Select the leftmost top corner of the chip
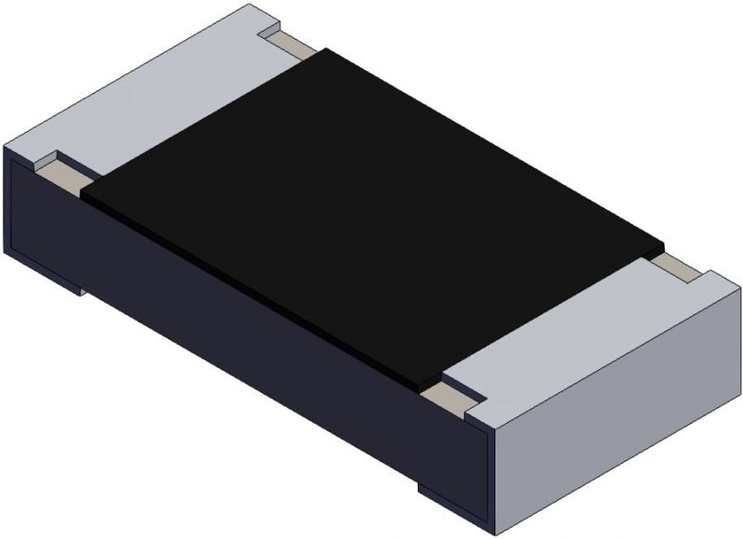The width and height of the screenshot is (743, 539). (4, 147)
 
